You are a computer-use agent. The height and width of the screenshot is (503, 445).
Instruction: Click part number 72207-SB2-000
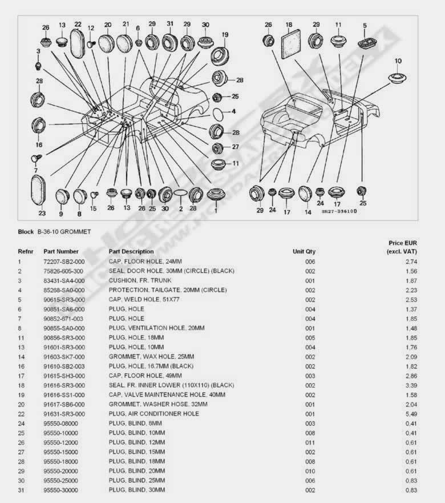[64, 261]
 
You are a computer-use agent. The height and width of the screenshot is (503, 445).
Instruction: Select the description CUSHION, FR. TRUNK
[140, 280]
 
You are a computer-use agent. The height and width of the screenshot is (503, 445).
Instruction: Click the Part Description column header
[131, 251]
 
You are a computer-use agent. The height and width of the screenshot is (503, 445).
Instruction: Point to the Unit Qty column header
[304, 251]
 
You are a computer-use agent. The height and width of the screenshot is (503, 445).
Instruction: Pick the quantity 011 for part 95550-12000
[310, 442]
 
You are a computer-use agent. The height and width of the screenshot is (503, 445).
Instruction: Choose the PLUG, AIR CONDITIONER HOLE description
[153, 414]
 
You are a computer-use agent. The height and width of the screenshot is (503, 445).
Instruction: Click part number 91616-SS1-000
[64, 395]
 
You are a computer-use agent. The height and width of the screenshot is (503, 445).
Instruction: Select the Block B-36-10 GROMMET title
[54, 232]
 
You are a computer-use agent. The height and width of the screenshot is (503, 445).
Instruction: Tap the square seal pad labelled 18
[291, 44]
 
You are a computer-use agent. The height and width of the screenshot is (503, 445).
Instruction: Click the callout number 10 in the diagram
[398, 61]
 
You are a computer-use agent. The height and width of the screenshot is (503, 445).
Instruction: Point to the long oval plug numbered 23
[38, 191]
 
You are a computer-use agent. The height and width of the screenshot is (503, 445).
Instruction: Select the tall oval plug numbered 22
[77, 43]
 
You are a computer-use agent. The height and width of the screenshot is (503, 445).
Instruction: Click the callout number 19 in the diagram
[225, 35]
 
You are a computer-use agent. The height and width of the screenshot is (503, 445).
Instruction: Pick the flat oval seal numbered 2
[180, 193]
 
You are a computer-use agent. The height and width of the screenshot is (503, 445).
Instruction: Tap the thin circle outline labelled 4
[218, 114]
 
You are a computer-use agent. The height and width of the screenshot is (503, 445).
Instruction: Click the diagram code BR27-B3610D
[339, 211]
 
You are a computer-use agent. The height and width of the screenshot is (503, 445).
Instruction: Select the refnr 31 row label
[21, 490]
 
